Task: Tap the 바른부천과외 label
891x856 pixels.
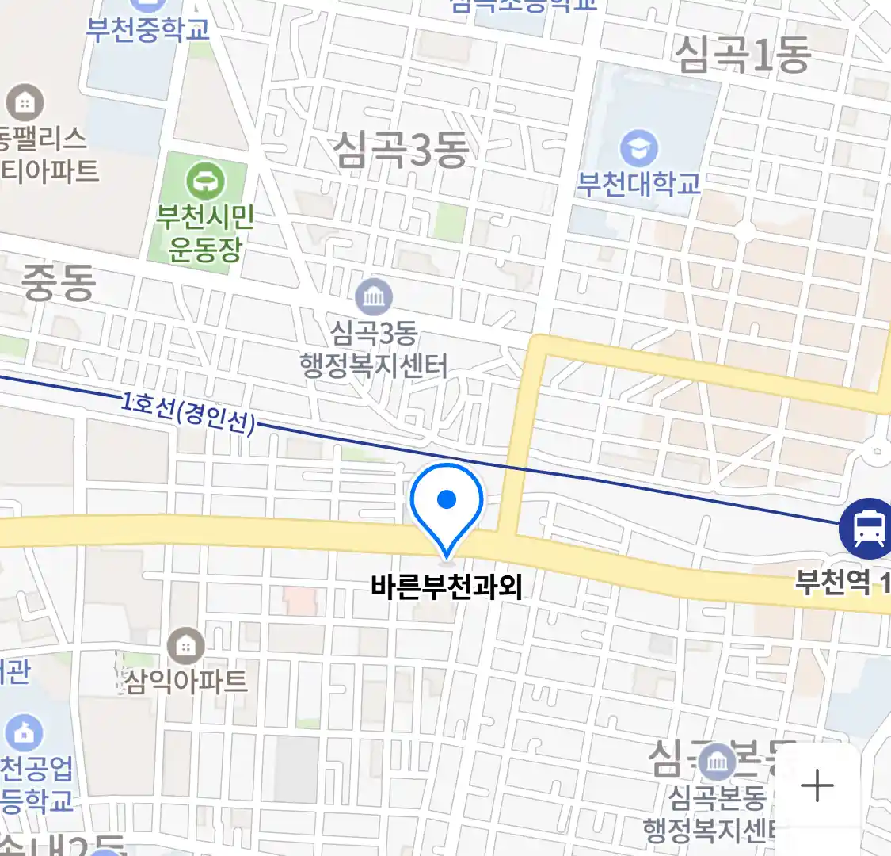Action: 447,587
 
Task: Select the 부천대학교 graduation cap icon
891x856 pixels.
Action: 638,148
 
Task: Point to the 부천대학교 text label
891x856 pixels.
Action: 638,184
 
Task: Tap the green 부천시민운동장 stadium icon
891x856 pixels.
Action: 205,182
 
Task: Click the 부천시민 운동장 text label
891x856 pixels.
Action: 205,233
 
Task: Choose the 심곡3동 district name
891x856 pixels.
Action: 400,149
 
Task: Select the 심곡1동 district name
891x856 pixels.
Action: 742,54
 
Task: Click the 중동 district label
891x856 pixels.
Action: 59,283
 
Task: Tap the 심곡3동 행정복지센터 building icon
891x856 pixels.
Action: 373,297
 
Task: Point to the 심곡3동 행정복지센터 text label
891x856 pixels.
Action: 374,349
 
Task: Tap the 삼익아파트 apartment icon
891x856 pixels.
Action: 185,647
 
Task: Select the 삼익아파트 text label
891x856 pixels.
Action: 186,681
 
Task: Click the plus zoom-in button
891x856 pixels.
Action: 817,786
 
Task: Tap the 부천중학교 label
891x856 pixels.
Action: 148,29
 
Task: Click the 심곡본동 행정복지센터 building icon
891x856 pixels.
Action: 718,762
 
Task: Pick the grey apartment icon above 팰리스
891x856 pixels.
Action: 25,102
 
